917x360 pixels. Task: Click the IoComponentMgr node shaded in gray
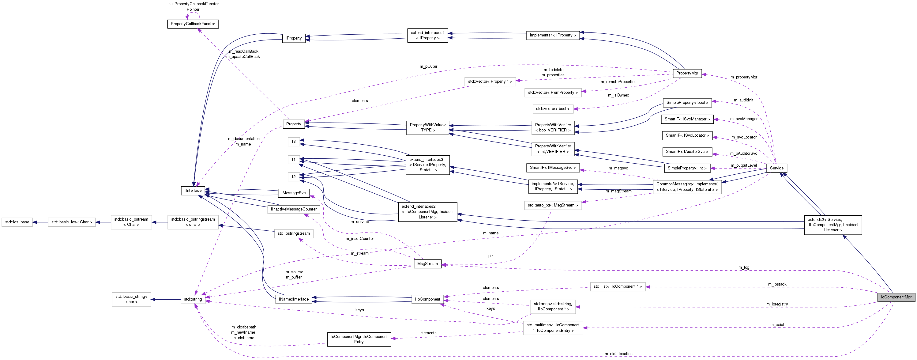pyautogui.click(x=896, y=297)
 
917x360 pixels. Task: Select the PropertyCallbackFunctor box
pyautogui.click(x=193, y=24)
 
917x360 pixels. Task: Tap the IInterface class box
pyautogui.click(x=193, y=191)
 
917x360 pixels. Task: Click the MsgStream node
pyautogui.click(x=427, y=264)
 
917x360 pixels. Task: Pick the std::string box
pyautogui.click(x=193, y=299)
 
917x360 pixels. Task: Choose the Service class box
pyautogui.click(x=776, y=168)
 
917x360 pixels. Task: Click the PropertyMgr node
pyautogui.click(x=687, y=73)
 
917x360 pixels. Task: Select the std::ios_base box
pyautogui.click(x=17, y=222)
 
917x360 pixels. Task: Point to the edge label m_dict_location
pyautogui.click(x=618, y=354)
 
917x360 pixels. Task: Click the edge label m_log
pyautogui.click(x=744, y=267)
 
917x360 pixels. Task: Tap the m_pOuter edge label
pyautogui.click(x=428, y=66)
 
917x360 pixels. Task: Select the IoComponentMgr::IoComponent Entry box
pyautogui.click(x=359, y=339)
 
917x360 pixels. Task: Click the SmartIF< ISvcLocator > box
pyautogui.click(x=687, y=135)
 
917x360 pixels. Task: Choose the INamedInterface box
pyautogui.click(x=294, y=299)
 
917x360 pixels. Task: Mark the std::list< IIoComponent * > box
pyautogui.click(x=617, y=286)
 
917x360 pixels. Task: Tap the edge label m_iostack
pyautogui.click(x=777, y=284)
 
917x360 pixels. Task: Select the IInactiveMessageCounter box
pyautogui.click(x=294, y=209)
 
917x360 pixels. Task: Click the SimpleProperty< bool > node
pyautogui.click(x=687, y=103)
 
